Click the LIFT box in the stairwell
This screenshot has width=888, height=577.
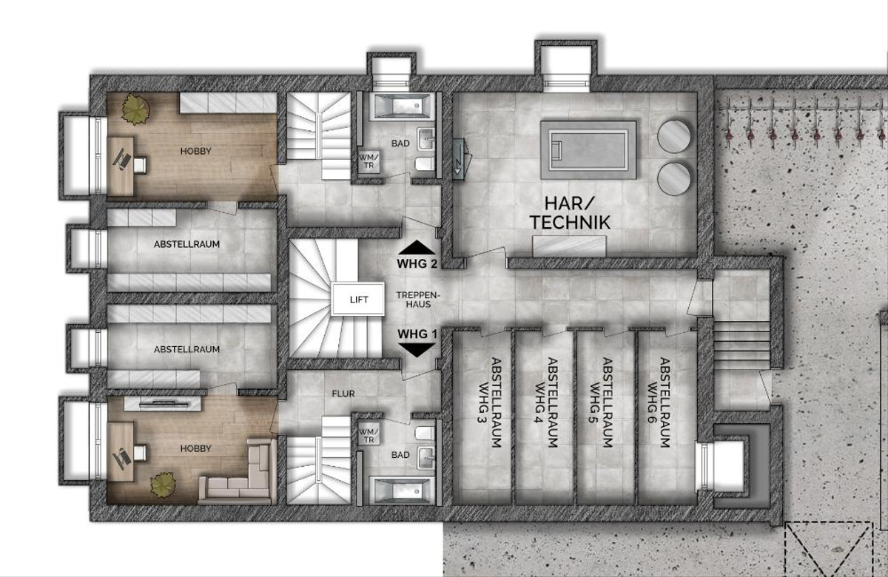coord(358,299)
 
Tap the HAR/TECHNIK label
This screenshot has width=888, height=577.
coord(570,213)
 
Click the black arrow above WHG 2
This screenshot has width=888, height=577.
coord(417,247)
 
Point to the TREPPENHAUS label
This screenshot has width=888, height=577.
coord(419,300)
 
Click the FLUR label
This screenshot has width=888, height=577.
coord(343,394)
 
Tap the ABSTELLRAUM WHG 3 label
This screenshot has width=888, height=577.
coord(489,402)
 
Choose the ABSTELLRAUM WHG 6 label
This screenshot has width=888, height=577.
coord(659,402)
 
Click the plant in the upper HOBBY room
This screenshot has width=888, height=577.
coord(135,109)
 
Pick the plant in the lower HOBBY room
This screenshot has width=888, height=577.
coord(163,485)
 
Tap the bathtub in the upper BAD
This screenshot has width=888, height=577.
coord(400,107)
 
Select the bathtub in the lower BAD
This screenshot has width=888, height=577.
coord(402,491)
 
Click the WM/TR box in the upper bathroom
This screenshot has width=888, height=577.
coord(369,161)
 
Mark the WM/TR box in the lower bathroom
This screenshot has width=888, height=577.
coord(369,435)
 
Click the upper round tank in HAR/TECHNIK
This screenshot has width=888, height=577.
coord(673,136)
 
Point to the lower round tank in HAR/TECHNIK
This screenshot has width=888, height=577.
coord(673,179)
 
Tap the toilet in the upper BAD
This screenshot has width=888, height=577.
coord(425,163)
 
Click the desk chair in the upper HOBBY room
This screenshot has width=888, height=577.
coord(140,165)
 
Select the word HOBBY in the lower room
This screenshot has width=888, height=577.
coord(196,448)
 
